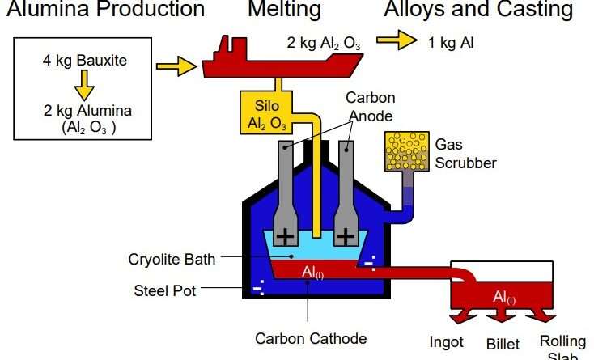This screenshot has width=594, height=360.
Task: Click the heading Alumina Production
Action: point(102,11)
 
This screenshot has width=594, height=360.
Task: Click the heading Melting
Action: point(284,11)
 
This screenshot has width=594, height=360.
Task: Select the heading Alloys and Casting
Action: point(478,11)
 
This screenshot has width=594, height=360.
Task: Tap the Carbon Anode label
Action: point(371,107)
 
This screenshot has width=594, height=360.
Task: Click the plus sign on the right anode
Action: point(346,235)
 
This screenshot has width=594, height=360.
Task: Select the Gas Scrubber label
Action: point(465,153)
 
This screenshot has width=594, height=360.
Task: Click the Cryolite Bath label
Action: point(172,260)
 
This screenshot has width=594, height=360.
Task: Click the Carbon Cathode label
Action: point(311,339)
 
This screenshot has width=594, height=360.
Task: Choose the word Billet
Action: point(503,345)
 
